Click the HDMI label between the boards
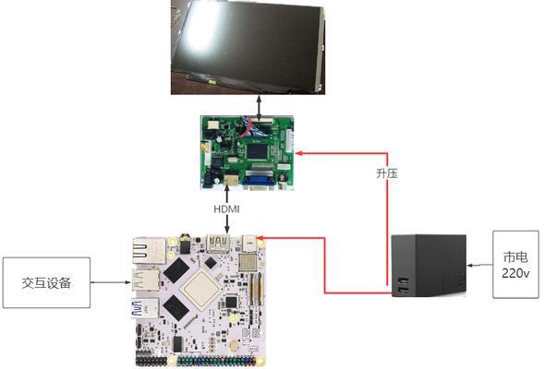click(x=226, y=209)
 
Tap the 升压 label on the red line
click(x=387, y=173)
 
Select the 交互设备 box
click(x=46, y=282)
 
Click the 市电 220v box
click(x=516, y=265)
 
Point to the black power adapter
click(x=429, y=266)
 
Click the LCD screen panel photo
click(x=248, y=47)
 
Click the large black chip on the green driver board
click(x=257, y=150)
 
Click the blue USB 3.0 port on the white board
click(x=145, y=309)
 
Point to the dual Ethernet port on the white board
click(x=150, y=251)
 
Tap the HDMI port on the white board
click(x=218, y=243)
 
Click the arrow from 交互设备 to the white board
click(x=110, y=282)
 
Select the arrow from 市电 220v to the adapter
click(x=480, y=266)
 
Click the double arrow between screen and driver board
click(x=260, y=107)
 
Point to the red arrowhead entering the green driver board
click(x=298, y=153)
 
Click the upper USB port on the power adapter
click(x=403, y=280)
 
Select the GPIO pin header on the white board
click(x=196, y=362)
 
